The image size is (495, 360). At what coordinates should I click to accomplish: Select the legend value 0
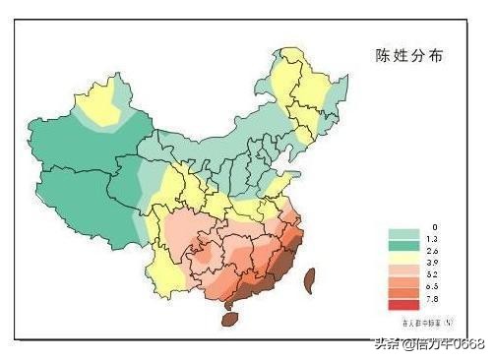(432, 227)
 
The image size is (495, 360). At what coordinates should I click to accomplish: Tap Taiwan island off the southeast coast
(308, 281)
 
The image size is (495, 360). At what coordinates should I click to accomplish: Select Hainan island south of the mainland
(230, 318)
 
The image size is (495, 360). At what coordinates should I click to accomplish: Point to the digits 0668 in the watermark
(467, 343)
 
